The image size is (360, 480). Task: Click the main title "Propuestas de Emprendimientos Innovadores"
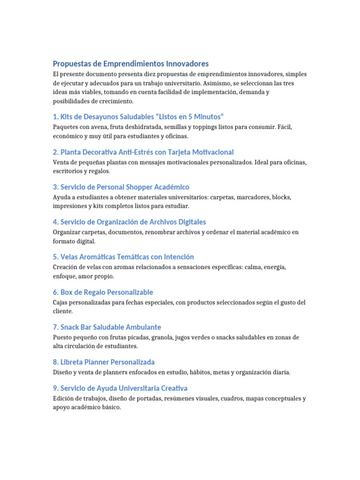point(131,64)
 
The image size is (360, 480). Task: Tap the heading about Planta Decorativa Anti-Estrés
point(143,152)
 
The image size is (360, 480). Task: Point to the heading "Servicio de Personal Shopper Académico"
point(121,187)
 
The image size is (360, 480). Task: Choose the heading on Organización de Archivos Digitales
point(129,222)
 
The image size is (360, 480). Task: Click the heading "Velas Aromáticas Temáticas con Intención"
point(123,257)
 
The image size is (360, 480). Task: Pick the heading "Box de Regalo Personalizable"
point(103,292)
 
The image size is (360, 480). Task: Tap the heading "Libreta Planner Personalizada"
point(104,362)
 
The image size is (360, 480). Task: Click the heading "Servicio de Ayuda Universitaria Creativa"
point(120,388)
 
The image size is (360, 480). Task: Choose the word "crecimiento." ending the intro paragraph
point(113,101)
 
